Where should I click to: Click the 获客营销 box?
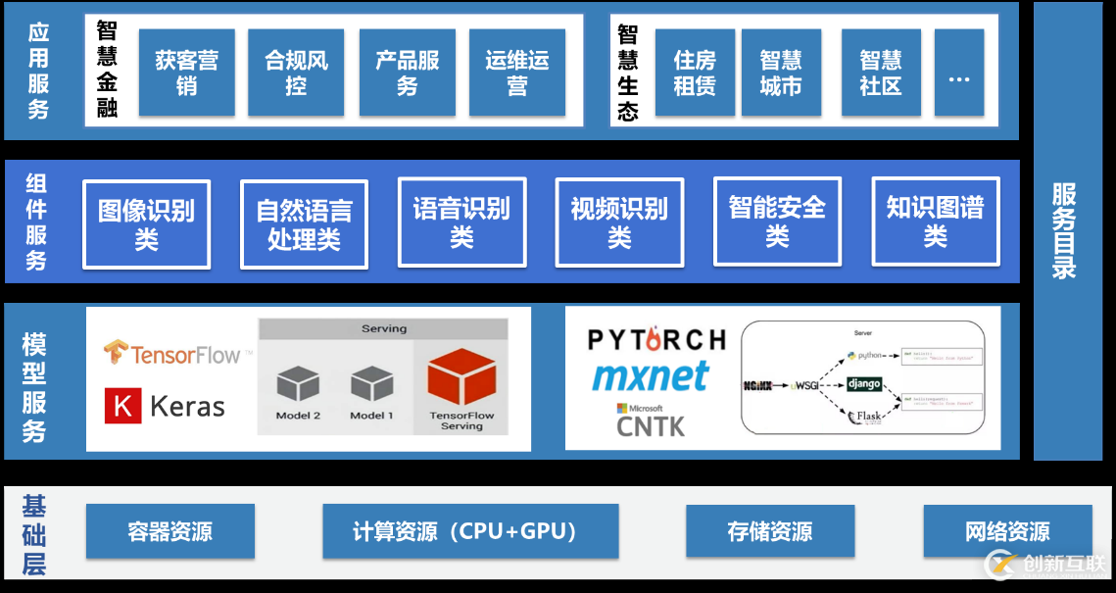[x=186, y=73]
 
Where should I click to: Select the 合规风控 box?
[x=296, y=73]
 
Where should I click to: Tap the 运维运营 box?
[x=516, y=73]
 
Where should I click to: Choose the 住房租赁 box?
[x=694, y=73]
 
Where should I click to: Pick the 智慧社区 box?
[x=880, y=73]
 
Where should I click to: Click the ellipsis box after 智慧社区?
[x=958, y=73]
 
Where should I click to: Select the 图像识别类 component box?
[x=146, y=224]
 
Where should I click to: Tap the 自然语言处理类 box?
[x=304, y=224]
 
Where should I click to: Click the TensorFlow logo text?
[x=185, y=354]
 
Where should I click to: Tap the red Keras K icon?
[x=122, y=406]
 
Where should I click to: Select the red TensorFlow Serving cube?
[x=461, y=380]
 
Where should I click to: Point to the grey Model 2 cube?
[x=298, y=385]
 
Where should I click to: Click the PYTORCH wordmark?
[x=656, y=340]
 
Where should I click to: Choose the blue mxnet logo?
[x=651, y=376]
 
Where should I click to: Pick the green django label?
[x=863, y=383]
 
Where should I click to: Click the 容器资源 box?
[x=170, y=532]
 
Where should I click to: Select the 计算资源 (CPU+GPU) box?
[x=469, y=532]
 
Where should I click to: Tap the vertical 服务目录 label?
[x=1065, y=230]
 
